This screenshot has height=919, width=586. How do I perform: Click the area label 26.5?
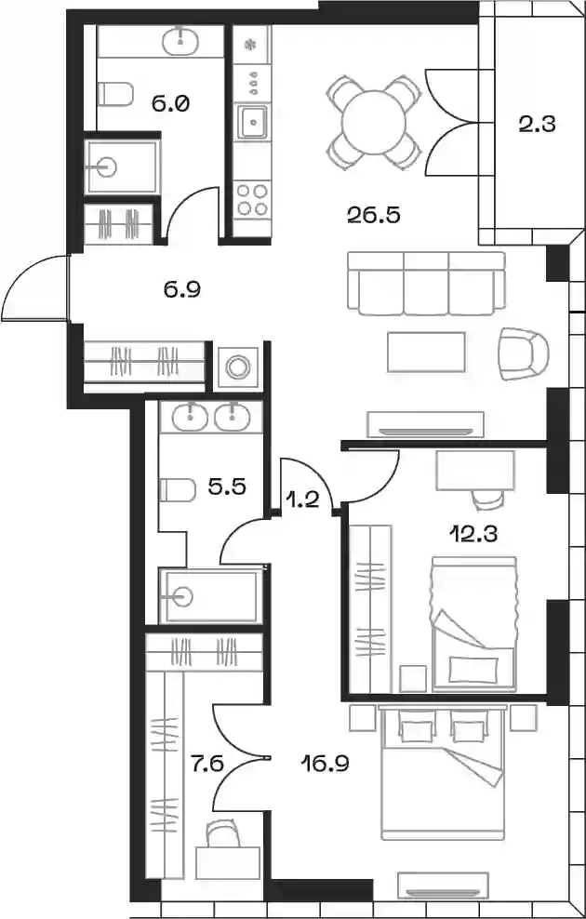[373, 216]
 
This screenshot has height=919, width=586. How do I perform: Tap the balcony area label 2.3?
[537, 125]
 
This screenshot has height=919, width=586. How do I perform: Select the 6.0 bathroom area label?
[169, 104]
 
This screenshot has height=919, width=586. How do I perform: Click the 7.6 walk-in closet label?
[206, 764]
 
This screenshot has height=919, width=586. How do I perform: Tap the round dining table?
[374, 122]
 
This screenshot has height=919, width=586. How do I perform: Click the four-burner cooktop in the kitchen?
[252, 199]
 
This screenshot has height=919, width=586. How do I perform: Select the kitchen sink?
[253, 121]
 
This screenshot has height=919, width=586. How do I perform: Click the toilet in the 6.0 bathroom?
[114, 94]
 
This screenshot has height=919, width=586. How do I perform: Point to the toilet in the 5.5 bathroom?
[177, 490]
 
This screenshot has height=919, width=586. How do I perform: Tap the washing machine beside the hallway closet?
[238, 367]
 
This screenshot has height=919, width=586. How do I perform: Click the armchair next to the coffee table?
[524, 353]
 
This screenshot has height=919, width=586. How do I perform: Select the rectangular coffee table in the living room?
[426, 352]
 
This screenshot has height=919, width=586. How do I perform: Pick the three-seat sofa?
[426, 283]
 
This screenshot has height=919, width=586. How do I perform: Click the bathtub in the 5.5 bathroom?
[211, 596]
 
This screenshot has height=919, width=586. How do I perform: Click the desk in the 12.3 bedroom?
[475, 471]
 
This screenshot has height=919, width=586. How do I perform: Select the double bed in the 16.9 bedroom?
[443, 772]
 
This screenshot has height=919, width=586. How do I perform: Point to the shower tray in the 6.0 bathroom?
[122, 167]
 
